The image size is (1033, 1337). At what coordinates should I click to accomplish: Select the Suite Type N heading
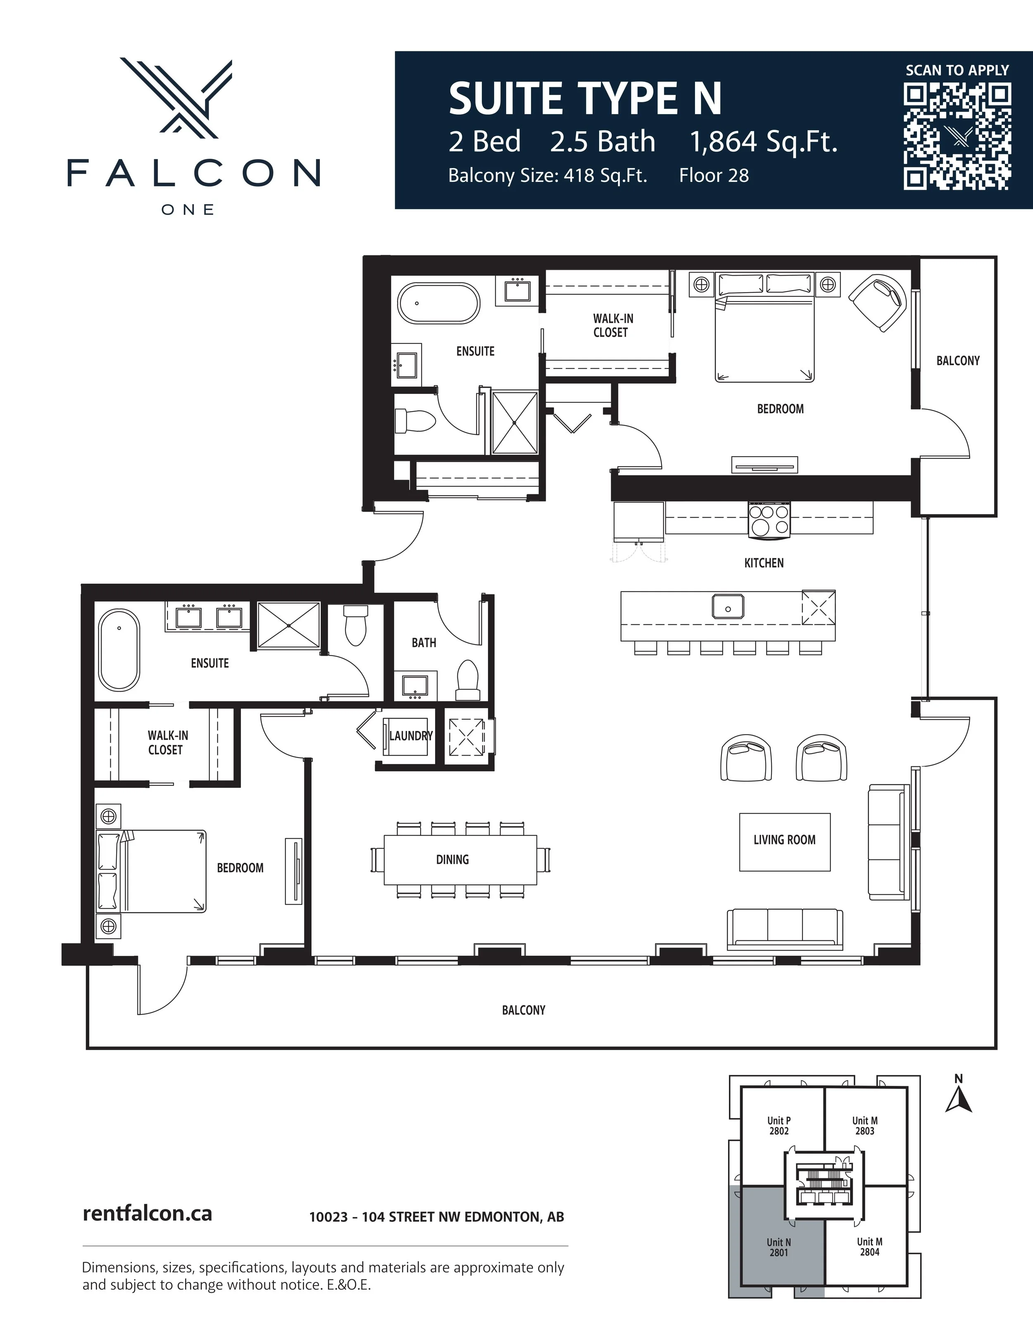[585, 99]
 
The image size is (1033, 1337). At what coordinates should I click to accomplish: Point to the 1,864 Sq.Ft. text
[764, 142]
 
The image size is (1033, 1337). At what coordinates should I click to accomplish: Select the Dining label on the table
[452, 859]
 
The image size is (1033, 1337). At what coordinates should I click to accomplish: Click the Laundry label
[410, 735]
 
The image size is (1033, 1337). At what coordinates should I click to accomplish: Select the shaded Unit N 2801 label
[779, 1247]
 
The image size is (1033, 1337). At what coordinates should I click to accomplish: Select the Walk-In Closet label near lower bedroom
[167, 742]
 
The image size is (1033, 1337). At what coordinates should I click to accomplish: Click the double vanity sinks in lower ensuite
[209, 616]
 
